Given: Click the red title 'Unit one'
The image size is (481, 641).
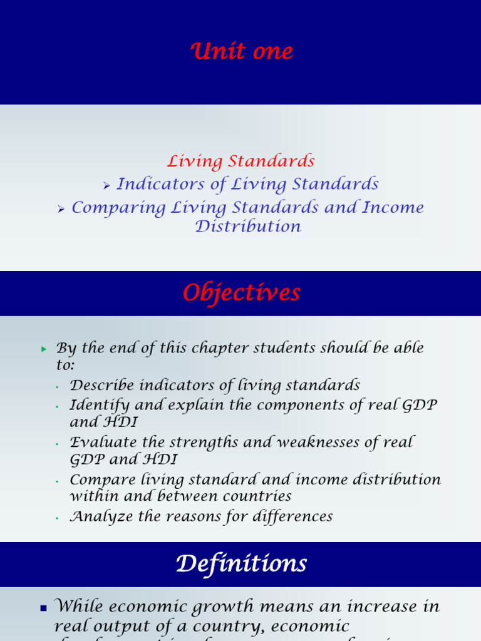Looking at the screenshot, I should click(242, 51).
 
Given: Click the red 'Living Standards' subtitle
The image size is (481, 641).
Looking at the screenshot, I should click(241, 162).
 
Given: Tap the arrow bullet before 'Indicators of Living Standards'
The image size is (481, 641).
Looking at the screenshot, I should click(106, 185).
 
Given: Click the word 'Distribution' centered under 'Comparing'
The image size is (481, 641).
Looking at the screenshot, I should click(248, 227).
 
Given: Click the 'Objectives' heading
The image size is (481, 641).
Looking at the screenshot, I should click(241, 293).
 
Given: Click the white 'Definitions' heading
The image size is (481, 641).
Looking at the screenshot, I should click(241, 565).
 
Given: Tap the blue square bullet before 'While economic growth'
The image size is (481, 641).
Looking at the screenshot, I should click(43, 608).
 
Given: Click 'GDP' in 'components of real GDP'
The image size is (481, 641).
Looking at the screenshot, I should click(422, 405).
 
